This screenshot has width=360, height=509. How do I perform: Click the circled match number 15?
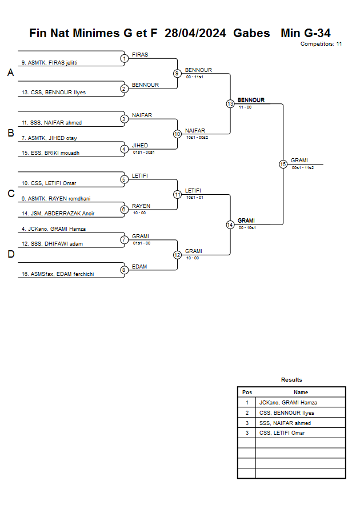(x=283, y=165)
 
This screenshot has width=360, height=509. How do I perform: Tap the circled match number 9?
(x=177, y=73)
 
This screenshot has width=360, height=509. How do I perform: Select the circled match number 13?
(x=230, y=104)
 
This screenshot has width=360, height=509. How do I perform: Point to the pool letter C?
(x=11, y=194)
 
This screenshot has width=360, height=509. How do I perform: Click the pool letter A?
(x=11, y=73)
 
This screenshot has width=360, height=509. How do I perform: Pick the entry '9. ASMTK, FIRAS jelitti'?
(x=49, y=63)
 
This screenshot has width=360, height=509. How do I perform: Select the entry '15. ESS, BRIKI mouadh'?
(x=51, y=153)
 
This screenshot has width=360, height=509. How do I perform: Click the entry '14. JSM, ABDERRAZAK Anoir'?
(x=58, y=213)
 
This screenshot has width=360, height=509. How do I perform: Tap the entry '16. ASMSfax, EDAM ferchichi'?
(x=58, y=274)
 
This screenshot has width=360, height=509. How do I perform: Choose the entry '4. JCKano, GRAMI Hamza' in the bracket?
(x=54, y=229)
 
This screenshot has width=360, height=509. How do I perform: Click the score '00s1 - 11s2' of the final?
(x=303, y=168)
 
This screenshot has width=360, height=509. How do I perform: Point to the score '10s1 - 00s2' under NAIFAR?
(x=197, y=138)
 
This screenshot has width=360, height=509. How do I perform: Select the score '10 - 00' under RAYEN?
(x=139, y=213)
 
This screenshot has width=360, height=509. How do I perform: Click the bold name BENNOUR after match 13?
(x=251, y=100)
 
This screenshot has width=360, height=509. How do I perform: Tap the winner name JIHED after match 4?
(x=140, y=146)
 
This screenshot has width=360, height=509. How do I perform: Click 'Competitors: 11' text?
(x=321, y=44)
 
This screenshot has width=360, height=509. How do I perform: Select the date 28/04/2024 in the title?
(x=195, y=33)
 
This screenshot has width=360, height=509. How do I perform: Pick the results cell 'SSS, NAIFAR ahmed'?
(x=285, y=423)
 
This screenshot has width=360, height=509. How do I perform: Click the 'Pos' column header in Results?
(x=247, y=392)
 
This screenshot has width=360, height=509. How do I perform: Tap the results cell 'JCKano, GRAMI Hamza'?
(x=288, y=403)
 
